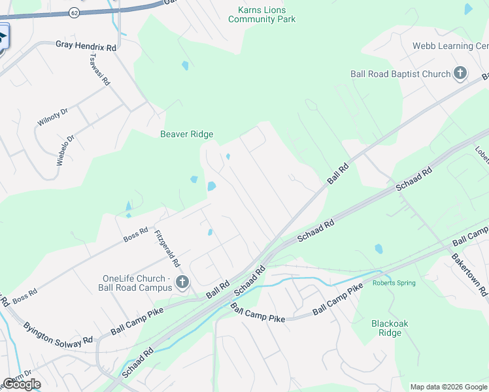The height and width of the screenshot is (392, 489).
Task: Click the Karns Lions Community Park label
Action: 261,14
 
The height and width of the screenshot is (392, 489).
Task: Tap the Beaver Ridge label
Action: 187,135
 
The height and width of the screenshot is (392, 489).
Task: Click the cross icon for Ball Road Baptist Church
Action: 460,73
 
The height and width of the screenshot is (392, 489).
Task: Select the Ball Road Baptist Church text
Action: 400,74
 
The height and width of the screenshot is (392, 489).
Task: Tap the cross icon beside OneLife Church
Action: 182,282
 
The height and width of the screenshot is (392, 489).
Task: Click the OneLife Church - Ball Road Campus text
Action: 136,282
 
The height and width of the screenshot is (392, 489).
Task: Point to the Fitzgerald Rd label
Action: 167,248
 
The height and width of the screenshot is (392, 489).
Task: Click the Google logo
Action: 22,384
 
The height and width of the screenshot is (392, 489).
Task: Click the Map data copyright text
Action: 448,387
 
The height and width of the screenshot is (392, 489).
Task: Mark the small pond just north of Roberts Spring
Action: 379,249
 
